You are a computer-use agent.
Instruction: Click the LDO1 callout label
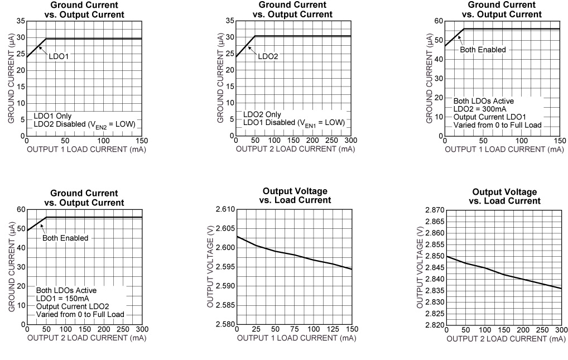coord(58,56)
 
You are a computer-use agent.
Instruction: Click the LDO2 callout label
coord(267,56)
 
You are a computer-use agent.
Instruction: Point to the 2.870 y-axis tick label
coord(434,210)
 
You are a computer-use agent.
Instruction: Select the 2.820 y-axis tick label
coord(434,325)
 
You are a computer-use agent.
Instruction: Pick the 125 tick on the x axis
coord(332,330)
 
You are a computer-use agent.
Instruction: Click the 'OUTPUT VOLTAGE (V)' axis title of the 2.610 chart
coord(210,267)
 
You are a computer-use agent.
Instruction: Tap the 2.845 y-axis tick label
coord(434,267)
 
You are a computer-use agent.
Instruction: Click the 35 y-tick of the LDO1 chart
coord(21,21)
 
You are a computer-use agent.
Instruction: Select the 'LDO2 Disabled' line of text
coord(84,124)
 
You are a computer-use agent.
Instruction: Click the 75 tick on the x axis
coord(294,330)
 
